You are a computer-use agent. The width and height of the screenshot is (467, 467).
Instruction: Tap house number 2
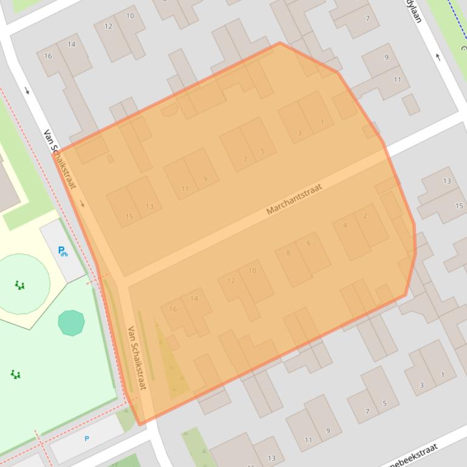tap(365, 215)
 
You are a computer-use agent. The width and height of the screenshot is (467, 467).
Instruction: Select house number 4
tap(345, 226)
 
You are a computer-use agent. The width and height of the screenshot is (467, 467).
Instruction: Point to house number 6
tap(308, 243)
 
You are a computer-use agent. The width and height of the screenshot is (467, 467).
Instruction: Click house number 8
tap(288, 254)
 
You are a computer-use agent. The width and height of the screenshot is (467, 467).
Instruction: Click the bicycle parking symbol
tap(63, 251)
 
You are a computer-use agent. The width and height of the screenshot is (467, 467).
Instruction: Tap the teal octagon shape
tap(71, 323)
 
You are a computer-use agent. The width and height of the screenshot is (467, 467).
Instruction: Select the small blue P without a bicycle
tap(87, 438)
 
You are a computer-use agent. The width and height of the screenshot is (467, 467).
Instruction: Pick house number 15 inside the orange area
tap(129, 217)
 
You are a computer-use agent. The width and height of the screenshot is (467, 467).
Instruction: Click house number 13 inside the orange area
tap(149, 206)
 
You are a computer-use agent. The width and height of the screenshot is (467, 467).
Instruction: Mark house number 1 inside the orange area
tap(322, 122)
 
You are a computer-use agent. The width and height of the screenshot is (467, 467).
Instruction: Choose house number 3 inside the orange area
tap(299, 133)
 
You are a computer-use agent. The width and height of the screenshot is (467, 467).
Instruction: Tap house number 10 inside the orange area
tap(252, 270)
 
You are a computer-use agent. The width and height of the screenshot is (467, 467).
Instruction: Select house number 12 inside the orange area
tap(231, 280)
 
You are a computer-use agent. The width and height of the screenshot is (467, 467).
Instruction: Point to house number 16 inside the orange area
tap(173, 309)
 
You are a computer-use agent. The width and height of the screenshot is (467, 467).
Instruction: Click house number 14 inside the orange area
tap(194, 298)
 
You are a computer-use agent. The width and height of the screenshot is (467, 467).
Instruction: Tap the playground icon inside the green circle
tap(20, 285)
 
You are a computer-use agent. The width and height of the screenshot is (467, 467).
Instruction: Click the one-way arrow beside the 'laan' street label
tap(438, 58)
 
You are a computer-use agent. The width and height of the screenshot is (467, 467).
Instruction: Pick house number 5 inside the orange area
tap(262, 151)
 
